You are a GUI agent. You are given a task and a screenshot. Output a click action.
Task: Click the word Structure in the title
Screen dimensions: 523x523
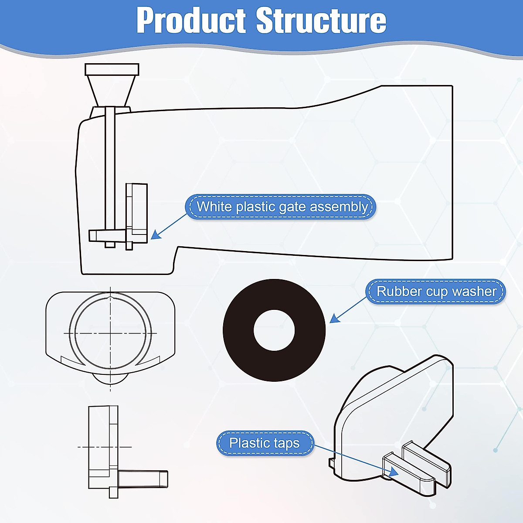(x=321, y=20)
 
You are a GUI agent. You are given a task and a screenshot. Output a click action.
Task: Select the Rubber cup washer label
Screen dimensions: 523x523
(x=436, y=291)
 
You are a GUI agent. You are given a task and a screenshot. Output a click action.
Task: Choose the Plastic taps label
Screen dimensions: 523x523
(x=265, y=443)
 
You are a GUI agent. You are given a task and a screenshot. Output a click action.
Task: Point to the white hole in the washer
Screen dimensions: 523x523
(x=274, y=330)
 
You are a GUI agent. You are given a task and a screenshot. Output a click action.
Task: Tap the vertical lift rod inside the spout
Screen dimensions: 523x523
(x=110, y=174)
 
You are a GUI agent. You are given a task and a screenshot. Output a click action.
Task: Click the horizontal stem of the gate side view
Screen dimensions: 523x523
(x=143, y=479)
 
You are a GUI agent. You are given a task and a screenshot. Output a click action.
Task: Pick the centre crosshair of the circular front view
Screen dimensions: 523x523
(x=111, y=333)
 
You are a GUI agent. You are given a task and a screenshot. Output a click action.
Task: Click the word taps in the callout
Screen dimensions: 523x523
(x=286, y=443)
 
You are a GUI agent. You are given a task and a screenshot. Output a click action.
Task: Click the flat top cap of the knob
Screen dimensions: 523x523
(x=112, y=69)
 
